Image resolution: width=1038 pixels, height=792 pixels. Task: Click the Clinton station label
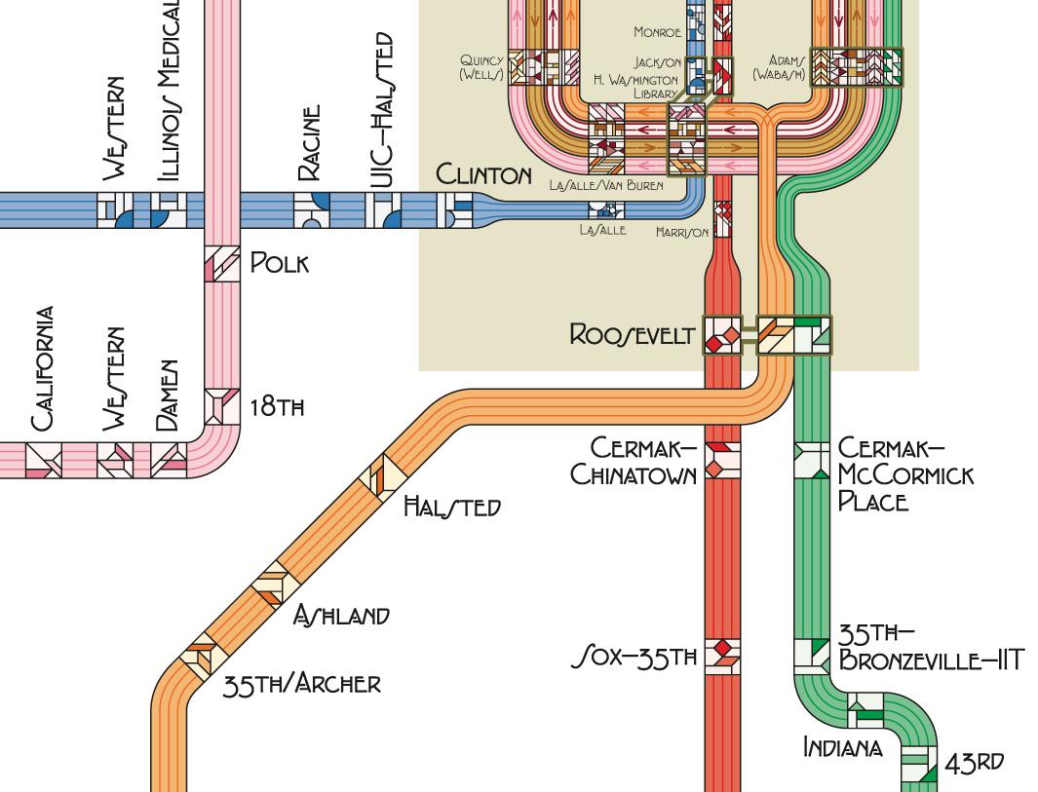pos(483,174)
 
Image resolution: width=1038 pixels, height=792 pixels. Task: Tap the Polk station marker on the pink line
pos(221,264)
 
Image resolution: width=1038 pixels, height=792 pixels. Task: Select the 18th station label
pos(277,406)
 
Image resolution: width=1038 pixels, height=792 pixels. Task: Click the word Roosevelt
pos(632,335)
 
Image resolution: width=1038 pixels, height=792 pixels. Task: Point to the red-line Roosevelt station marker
pos(722,336)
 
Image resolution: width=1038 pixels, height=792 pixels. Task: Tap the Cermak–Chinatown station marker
pos(722,460)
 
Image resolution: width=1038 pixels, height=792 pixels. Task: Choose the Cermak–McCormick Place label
pos(904,474)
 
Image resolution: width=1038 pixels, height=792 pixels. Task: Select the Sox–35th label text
pos(634,658)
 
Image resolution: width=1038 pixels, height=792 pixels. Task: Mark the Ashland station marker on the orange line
pos(276,585)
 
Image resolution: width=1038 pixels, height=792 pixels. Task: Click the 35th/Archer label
pos(300,684)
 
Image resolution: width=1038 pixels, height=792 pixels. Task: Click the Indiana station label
pos(842,747)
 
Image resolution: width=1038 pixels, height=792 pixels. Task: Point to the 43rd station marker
pos(918,764)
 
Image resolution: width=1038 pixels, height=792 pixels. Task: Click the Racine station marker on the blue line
pos(313,209)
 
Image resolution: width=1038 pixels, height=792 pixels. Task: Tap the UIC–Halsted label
pos(383,109)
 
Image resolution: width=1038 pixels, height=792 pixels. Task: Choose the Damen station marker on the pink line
pos(169,460)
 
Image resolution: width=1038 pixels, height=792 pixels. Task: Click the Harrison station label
pos(681,233)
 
